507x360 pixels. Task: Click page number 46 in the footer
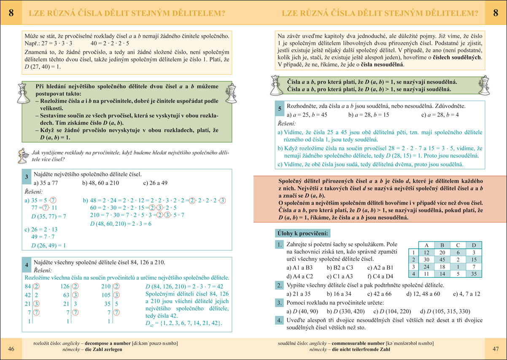pyautogui.click(x=11, y=349)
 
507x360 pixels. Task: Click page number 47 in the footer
pyautogui.click(x=496, y=349)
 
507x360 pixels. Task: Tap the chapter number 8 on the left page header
pyautogui.click(x=11, y=13)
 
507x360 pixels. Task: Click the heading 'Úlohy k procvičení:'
pyautogui.click(x=303, y=233)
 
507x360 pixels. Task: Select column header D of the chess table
pyautogui.click(x=474, y=245)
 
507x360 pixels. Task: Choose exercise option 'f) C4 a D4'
pyautogui.click(x=380, y=277)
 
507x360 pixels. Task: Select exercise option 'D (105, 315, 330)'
pyautogui.click(x=443, y=312)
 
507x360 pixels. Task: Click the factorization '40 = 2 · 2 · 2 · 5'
pyautogui.click(x=110, y=43)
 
